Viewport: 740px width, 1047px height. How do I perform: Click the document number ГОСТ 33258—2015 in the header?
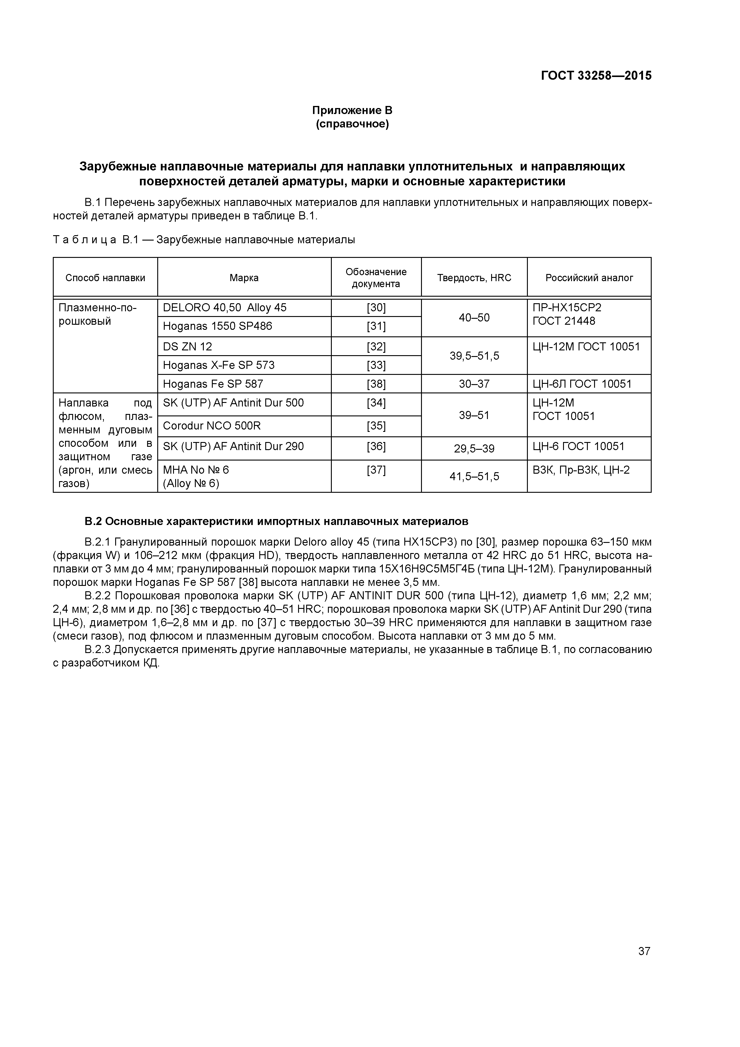(596, 76)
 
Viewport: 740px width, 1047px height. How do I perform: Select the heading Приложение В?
(352, 110)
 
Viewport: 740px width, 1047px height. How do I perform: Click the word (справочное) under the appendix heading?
(352, 124)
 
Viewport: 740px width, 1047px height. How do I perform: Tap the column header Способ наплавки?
(105, 278)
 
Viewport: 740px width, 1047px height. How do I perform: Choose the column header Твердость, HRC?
(474, 278)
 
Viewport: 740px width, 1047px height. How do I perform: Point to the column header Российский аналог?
(589, 278)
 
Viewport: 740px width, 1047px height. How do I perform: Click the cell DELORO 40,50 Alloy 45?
(224, 308)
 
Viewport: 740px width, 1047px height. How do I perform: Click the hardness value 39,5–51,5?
(474, 356)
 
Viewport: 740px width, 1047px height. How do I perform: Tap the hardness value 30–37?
(474, 384)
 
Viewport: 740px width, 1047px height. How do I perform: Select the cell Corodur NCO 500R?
(212, 426)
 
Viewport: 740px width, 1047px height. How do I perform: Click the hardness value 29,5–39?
(474, 449)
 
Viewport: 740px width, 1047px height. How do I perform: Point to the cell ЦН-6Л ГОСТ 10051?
(582, 384)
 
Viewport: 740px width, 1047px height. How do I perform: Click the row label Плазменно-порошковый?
(98, 314)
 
